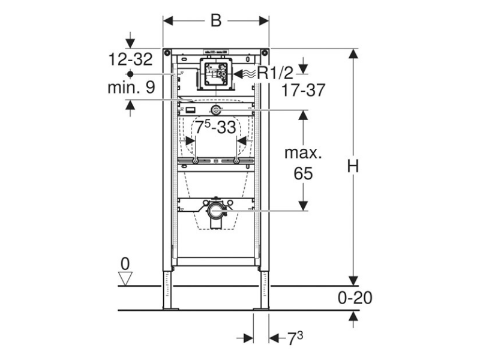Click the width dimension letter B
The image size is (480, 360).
(215, 20)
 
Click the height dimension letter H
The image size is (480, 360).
(354, 166)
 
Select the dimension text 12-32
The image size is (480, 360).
(131, 59)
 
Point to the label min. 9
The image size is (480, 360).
(131, 87)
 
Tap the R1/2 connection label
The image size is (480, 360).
(275, 73)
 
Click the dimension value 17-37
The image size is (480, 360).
(303, 91)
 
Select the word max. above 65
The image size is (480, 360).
(303, 152)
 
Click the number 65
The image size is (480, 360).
(303, 174)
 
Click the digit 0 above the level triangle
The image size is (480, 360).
(125, 263)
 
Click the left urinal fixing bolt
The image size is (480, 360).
(196, 161)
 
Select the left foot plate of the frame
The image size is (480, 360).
(170, 308)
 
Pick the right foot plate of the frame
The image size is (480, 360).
(262, 308)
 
